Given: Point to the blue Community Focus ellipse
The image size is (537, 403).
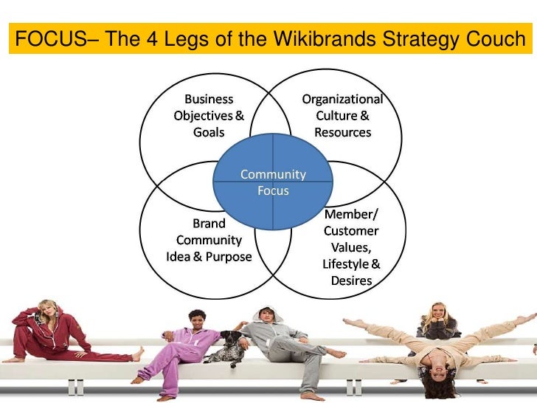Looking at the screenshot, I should click(273, 182).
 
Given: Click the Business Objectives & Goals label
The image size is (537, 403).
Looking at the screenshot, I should click(209, 116).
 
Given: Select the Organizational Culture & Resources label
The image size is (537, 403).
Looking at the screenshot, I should click(342, 116).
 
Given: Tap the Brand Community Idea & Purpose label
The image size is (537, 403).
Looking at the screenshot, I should click(209, 240).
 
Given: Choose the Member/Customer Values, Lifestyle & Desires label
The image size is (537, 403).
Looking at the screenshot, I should click(351, 247).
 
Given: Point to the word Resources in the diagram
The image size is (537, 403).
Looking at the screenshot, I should click(342, 133).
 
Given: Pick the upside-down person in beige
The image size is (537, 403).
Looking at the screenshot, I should click(435, 347).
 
